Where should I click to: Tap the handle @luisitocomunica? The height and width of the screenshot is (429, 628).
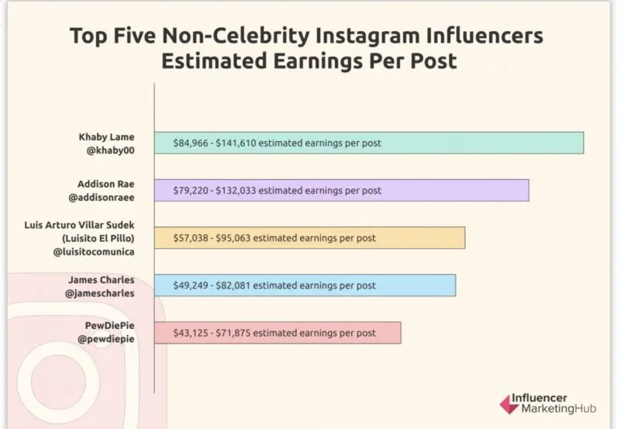[95, 254]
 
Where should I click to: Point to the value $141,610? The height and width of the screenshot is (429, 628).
[237, 144]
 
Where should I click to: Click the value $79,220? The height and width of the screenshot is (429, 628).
[190, 191]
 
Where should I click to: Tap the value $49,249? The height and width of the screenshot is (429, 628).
[190, 285]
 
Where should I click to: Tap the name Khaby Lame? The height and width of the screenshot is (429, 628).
[106, 137]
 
